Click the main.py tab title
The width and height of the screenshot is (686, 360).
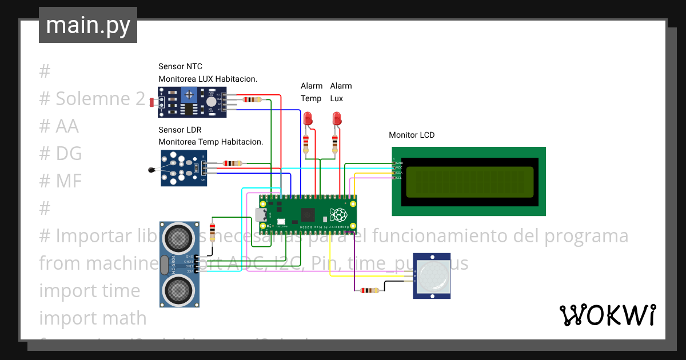87,26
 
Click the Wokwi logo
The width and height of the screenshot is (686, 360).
607,315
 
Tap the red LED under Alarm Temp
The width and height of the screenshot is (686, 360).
308,119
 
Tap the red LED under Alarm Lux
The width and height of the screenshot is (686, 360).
337,119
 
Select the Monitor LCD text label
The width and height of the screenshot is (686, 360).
412,135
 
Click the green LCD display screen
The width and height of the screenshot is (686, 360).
469,182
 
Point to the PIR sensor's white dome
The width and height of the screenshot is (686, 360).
432,276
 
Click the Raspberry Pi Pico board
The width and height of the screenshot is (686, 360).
308,215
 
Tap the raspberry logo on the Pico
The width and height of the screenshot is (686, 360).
338,215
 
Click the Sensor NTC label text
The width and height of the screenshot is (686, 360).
180,67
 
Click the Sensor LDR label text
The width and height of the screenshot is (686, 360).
180,130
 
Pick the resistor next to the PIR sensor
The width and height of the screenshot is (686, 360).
366,291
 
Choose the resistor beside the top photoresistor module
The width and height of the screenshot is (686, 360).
252,99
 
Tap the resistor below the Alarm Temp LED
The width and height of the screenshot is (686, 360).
306,143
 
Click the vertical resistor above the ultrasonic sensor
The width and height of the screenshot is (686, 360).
213,232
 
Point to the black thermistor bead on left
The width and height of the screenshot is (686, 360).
151,169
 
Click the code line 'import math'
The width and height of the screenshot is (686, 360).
93,318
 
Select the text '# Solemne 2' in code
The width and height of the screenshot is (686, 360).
93,99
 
